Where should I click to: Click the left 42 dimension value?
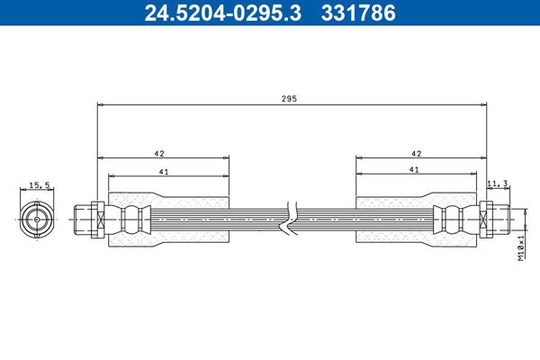coord(160,153)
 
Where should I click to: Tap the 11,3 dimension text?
coord(498,184)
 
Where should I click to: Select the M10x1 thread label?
coord(521,244)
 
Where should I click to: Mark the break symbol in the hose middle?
coord(289,220)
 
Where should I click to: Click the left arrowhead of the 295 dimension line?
coord(102,105)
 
